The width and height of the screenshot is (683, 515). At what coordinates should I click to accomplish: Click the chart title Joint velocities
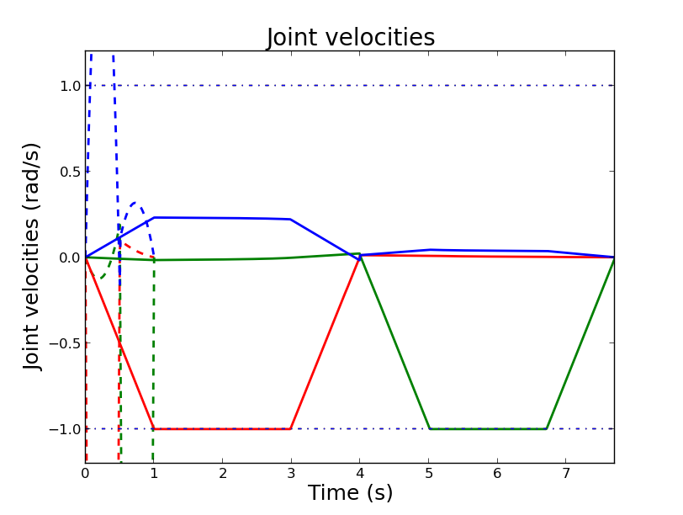coord(351,38)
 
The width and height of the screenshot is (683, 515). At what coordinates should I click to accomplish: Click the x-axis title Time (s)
coord(350,493)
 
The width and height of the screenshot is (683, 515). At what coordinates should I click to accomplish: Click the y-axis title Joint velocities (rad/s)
coord(33,257)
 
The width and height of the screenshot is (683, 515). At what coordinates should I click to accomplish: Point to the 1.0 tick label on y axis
coord(70,86)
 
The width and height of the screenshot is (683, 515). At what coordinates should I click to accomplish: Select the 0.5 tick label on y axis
coord(70,172)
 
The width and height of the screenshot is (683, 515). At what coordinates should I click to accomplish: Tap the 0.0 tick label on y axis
coord(70,257)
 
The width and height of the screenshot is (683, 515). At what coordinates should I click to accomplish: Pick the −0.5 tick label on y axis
coord(66,343)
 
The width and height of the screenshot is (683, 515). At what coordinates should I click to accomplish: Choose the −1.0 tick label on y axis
coord(66,429)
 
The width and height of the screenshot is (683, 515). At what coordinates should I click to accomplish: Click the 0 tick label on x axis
coord(85,474)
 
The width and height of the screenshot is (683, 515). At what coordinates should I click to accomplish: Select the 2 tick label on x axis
coord(222,474)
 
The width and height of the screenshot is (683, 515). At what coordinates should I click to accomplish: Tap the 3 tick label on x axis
coord(291,474)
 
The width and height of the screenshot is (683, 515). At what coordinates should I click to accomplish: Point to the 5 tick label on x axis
coord(428,474)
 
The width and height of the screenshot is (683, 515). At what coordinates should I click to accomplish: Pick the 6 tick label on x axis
coord(497,474)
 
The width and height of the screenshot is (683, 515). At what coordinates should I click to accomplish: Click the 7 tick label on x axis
coord(565,474)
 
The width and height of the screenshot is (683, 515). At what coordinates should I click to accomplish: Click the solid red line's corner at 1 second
coord(154,429)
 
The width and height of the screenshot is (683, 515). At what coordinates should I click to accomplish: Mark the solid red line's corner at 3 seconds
coord(291,429)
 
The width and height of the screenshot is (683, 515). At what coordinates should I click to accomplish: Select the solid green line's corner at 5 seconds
coord(429,429)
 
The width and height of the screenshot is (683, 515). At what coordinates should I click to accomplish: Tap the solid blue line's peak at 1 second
coord(154,218)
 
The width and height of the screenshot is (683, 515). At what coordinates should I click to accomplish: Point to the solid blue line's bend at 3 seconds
coord(290,219)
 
